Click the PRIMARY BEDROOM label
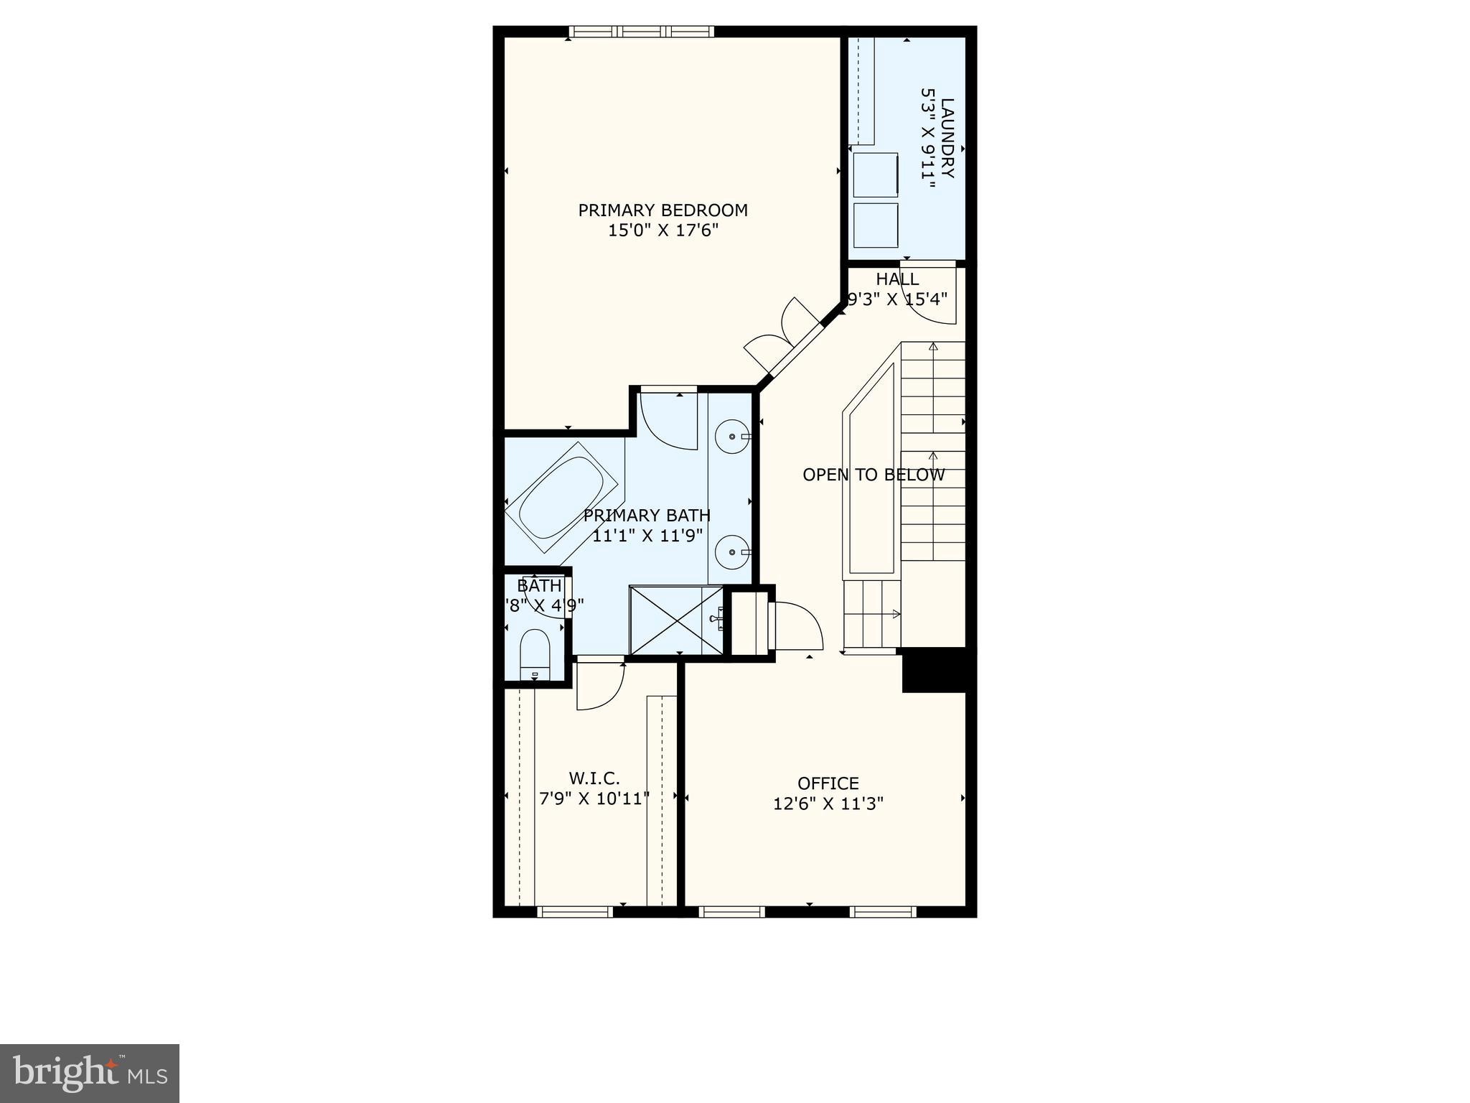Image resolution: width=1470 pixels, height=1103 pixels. click(663, 210)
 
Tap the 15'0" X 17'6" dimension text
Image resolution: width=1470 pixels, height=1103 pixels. click(663, 231)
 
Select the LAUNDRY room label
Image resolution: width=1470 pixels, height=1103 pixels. click(947, 138)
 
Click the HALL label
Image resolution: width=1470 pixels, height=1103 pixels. click(896, 279)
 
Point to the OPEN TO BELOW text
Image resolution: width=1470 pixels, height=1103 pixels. click(873, 475)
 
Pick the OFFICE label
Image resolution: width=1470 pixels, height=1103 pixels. click(828, 783)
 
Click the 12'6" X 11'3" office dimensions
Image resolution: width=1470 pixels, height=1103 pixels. click(828, 804)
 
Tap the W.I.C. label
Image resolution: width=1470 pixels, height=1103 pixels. click(594, 778)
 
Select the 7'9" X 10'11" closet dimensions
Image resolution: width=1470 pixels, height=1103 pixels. click(594, 799)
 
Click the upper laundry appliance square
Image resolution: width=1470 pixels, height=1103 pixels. click(876, 174)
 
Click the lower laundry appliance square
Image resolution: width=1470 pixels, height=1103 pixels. click(876, 225)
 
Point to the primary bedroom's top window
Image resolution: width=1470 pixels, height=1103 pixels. click(641, 32)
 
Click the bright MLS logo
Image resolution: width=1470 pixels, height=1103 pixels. click(90, 1073)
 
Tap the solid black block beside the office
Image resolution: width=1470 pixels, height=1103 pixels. click(935, 670)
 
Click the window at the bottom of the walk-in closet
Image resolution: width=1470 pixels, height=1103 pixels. click(574, 912)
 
